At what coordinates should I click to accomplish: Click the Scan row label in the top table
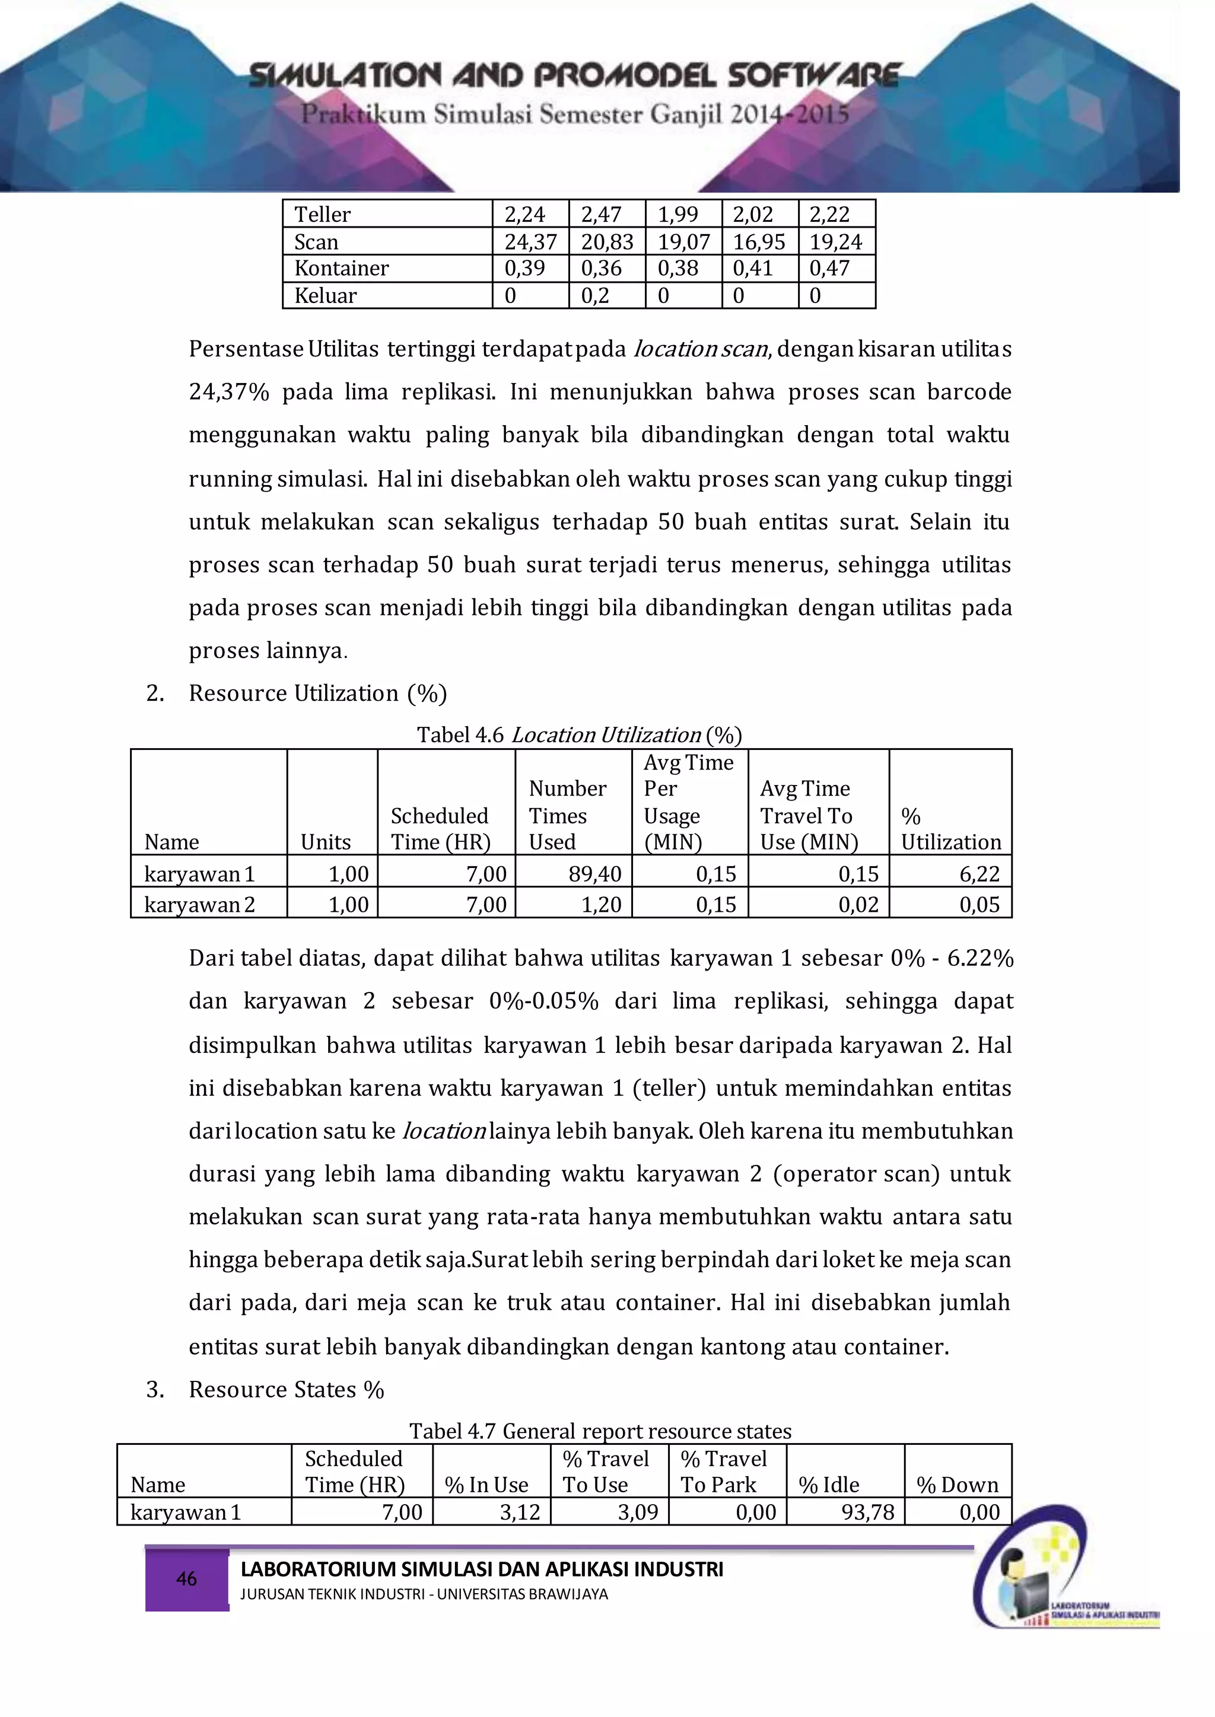tap(316, 241)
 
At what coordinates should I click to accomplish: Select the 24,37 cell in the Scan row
tap(530, 241)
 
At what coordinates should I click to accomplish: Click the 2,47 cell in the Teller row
tap(601, 215)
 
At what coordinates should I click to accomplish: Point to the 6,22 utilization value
tap(979, 873)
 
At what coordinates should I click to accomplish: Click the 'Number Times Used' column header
tap(567, 815)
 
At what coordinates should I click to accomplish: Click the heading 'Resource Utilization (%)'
tap(317, 693)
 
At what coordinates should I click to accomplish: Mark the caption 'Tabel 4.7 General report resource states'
tap(600, 1431)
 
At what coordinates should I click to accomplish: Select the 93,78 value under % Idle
tap(868, 1512)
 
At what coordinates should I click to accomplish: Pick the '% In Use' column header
tap(486, 1485)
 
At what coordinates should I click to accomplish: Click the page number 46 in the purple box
tap(186, 1579)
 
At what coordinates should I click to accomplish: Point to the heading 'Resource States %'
tap(286, 1390)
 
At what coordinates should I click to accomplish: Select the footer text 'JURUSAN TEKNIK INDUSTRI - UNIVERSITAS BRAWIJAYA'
tap(424, 1594)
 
